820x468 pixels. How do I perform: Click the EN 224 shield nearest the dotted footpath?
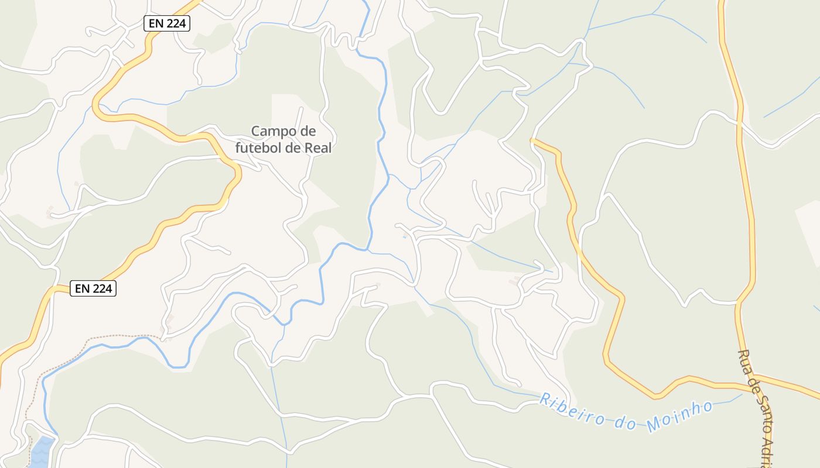[x=93, y=288]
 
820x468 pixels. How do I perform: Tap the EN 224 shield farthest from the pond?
[x=167, y=23]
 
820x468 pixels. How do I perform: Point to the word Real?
[x=318, y=148]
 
